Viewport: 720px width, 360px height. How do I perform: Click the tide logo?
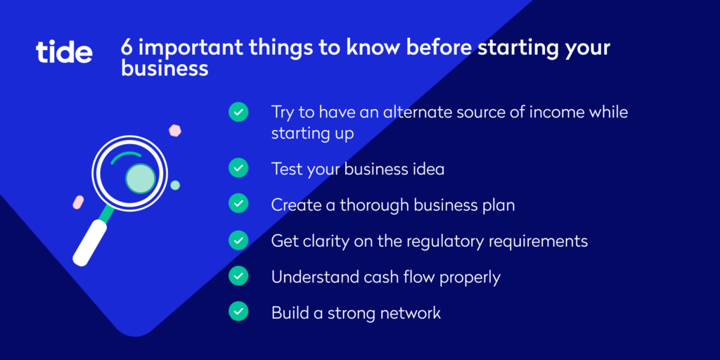64,52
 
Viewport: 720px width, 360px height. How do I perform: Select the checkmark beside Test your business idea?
238,167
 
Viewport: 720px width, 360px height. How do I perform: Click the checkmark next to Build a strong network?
238,311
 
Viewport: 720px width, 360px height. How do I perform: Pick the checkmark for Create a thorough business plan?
238,203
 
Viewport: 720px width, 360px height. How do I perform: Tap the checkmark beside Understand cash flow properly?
238,275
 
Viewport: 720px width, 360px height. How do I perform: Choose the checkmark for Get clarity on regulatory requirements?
238,239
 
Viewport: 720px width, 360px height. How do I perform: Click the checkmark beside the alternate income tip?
238,112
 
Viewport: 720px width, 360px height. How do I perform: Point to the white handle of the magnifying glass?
90,243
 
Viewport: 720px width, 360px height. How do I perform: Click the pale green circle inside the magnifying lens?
141,178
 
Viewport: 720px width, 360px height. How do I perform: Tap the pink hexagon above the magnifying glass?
175,131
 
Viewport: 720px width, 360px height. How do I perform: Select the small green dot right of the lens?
175,186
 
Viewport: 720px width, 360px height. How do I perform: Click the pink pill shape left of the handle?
79,202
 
